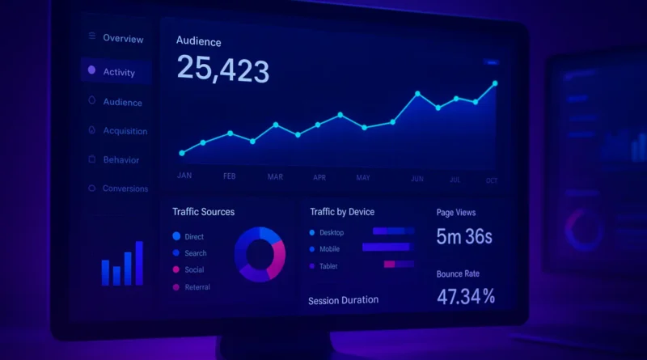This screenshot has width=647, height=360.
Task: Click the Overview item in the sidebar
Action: (123, 39)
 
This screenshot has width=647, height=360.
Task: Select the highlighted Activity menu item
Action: (118, 72)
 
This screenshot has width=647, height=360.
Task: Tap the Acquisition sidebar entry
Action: (125, 131)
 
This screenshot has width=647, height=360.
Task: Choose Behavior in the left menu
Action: (121, 160)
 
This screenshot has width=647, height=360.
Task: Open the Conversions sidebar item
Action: (125, 188)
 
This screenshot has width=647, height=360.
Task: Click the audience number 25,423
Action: (222, 70)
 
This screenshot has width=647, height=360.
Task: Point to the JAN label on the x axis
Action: (184, 176)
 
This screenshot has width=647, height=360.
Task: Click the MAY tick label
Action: (363, 177)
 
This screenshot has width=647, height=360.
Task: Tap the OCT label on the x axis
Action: (492, 181)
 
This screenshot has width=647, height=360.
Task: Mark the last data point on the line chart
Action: (494, 83)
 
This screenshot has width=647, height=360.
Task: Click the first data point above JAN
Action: (182, 153)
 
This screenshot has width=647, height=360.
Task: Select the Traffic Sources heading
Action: (203, 212)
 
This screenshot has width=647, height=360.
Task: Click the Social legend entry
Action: (194, 270)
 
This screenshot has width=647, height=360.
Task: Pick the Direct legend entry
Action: (194, 237)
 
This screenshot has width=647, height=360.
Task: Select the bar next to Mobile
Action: (387, 248)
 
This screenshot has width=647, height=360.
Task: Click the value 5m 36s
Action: (464, 237)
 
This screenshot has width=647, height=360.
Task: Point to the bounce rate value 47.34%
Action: (466, 297)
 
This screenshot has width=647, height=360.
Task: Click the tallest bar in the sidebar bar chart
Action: (139, 263)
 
